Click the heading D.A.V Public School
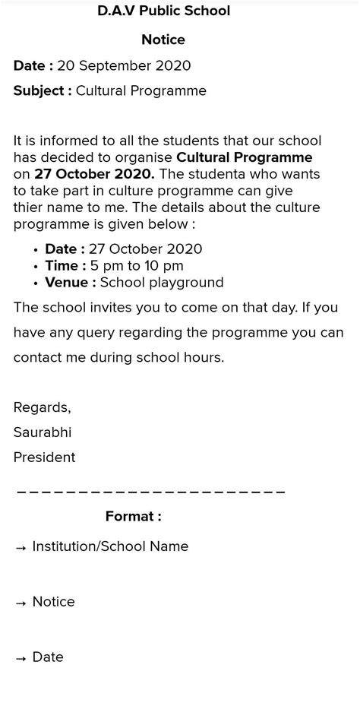[x=163, y=11]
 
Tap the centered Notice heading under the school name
[x=163, y=40]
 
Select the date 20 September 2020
[x=124, y=66]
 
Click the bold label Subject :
[x=43, y=91]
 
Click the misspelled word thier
[x=30, y=207]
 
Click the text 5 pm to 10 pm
[x=136, y=266]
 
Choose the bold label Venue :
[x=71, y=283]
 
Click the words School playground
[x=162, y=283]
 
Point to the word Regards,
[x=43, y=407]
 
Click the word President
[x=44, y=457]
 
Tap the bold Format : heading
[x=134, y=517]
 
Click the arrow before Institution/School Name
[x=21, y=547]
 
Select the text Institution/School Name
[x=110, y=546]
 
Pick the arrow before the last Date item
[x=21, y=658]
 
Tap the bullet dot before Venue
[x=36, y=283]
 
